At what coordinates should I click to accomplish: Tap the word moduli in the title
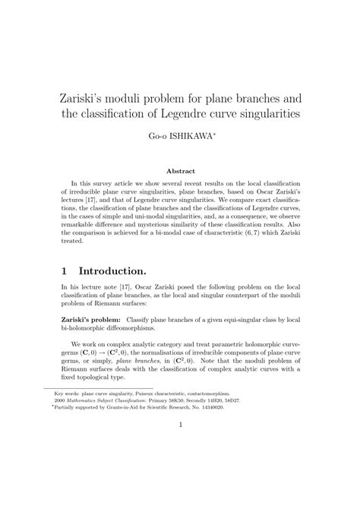click(x=150, y=98)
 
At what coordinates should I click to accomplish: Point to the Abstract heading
click(x=180, y=170)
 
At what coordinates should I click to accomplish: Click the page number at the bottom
click(x=180, y=467)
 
